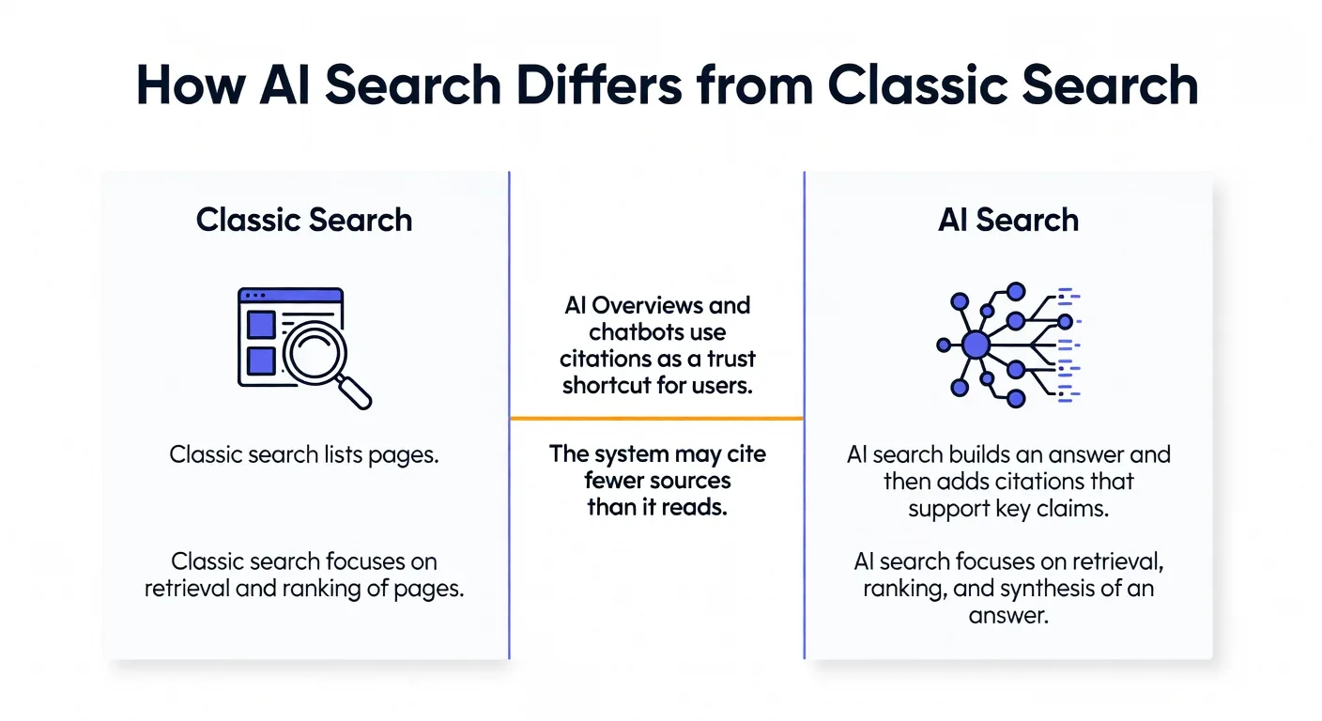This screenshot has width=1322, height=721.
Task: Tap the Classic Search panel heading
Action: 304,220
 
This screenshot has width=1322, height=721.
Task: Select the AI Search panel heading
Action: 1008,220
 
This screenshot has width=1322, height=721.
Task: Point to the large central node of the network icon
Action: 976,345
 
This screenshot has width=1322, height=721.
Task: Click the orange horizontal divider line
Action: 656,418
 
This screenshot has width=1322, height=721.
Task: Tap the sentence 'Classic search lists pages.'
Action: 304,455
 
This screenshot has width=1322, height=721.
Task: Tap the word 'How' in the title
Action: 192,85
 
